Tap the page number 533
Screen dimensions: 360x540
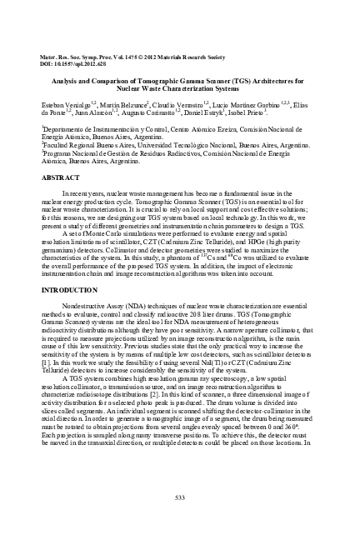click(179, 498)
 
